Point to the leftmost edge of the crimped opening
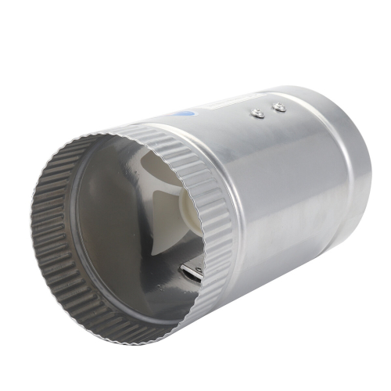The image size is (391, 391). click(x=33, y=235)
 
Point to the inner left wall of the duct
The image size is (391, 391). click(x=74, y=227)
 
